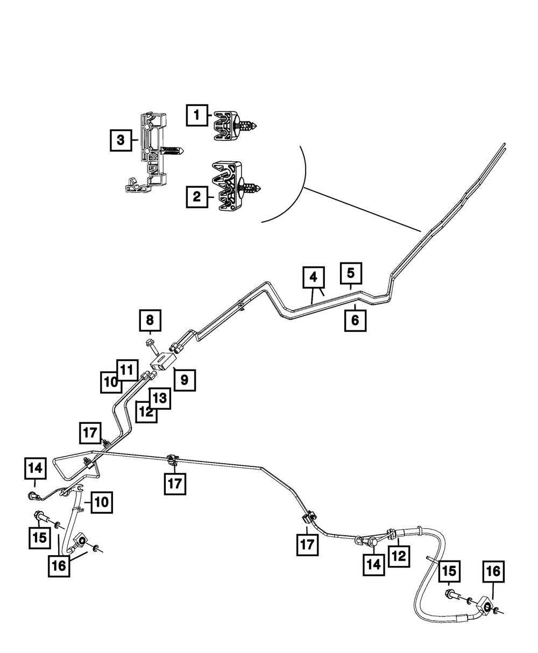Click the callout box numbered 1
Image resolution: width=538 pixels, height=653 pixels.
tap(197, 115)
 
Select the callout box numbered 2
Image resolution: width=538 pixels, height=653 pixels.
tap(197, 197)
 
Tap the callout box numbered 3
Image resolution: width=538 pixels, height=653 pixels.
tap(121, 140)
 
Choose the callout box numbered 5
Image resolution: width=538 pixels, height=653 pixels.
tap(351, 273)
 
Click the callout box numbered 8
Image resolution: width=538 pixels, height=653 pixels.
tap(150, 321)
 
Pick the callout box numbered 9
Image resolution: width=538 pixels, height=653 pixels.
tap(184, 380)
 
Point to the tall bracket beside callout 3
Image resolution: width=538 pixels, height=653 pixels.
tap(148, 153)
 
